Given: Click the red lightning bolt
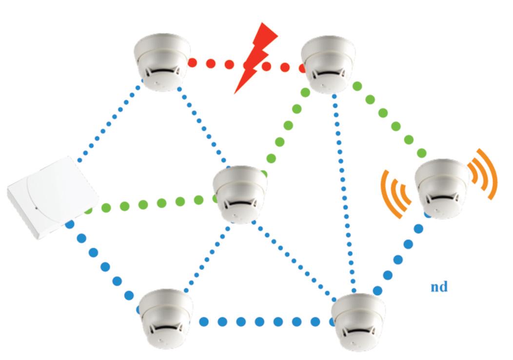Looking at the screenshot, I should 255,56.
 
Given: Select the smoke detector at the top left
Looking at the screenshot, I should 161,62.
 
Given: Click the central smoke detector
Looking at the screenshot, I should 240,193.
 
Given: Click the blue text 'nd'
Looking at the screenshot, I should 439,286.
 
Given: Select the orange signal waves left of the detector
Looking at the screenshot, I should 395,193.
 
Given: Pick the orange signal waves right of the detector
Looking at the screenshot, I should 484,173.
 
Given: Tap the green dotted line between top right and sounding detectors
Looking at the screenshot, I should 390,120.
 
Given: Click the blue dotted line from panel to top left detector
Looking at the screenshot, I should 110,122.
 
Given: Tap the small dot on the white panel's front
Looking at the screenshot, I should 37,208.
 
